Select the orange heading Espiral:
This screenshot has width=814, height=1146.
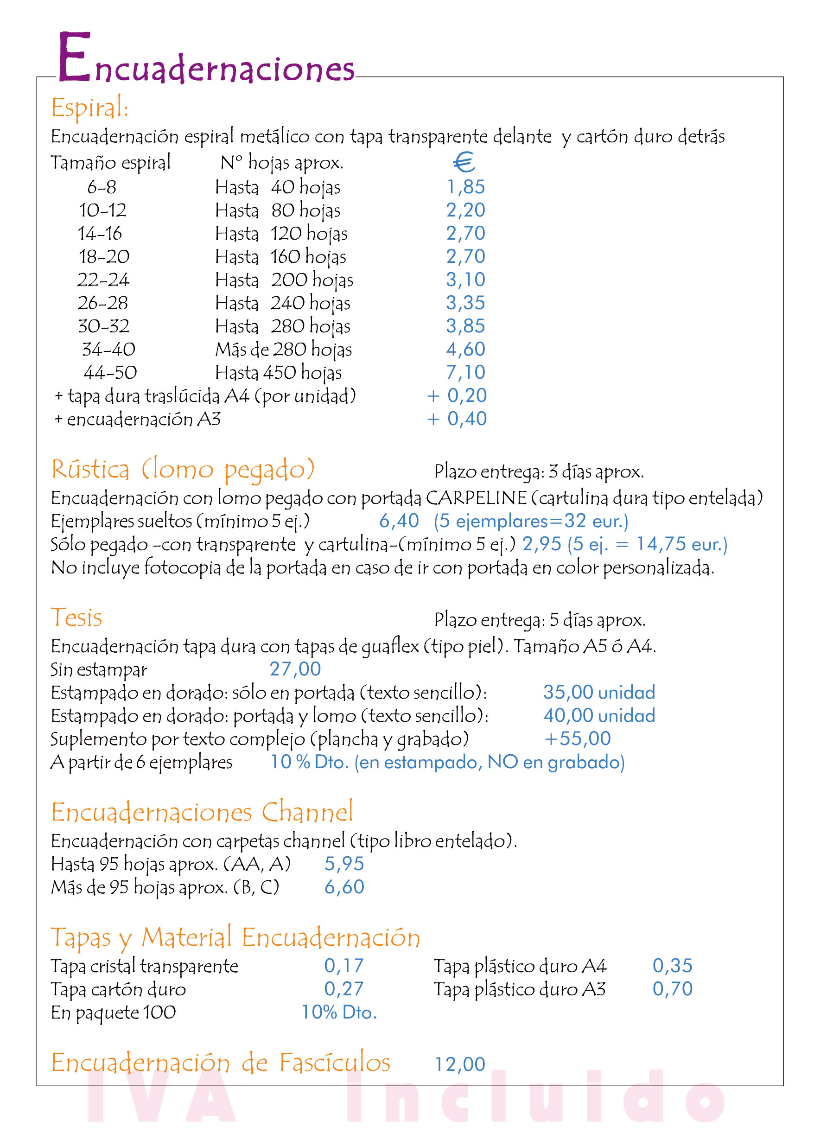[x=90, y=107]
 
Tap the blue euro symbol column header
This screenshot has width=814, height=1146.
[x=464, y=162]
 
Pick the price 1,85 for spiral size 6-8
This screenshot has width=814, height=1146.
[x=466, y=187]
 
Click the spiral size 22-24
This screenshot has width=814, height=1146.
[x=103, y=280]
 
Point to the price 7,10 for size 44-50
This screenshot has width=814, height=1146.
[x=466, y=372]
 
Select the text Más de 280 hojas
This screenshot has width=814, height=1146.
[x=283, y=350]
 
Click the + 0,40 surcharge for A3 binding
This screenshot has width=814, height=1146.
[x=457, y=419]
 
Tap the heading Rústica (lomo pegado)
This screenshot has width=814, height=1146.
[x=183, y=469]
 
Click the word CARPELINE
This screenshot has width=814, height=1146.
[x=476, y=498]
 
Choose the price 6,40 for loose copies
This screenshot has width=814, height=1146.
[x=399, y=521]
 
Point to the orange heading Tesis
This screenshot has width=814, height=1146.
[x=76, y=618]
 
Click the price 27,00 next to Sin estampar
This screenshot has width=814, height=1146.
[x=295, y=669]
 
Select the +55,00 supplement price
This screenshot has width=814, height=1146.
[x=578, y=739]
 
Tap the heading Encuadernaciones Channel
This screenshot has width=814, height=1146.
[x=202, y=812]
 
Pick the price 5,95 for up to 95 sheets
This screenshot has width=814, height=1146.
[x=344, y=864]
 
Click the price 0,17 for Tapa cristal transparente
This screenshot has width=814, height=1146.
[x=344, y=966]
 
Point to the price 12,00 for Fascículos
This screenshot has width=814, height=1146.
[x=460, y=1064]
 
